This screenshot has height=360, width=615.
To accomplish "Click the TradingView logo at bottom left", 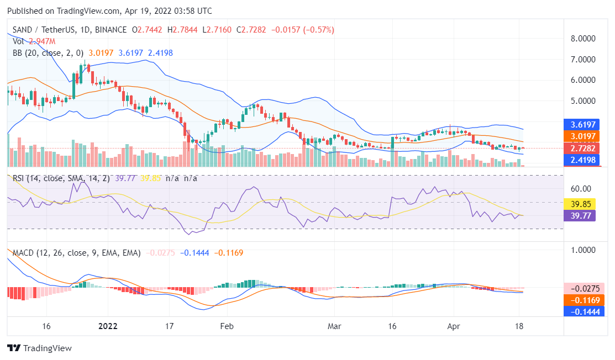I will point(39,348).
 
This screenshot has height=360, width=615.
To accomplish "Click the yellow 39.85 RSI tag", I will point(579,203).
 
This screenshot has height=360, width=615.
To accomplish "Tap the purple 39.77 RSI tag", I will point(579,215).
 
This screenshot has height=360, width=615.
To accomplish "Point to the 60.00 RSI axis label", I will point(581,188).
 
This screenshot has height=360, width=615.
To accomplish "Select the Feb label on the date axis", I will point(227,325).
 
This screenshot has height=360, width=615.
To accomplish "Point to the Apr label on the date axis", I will point(454,325).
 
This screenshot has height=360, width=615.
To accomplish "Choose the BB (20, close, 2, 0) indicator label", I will point(48,53).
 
